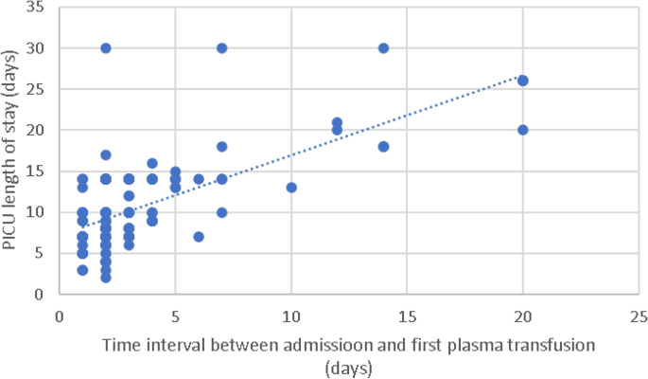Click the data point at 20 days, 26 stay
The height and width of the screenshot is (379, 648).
click(x=523, y=81)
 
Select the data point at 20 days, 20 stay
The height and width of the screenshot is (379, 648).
click(x=523, y=130)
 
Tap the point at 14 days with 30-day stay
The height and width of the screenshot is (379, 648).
click(x=384, y=47)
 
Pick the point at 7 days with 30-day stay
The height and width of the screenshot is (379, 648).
click(x=221, y=47)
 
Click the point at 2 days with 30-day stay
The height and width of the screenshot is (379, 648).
click(x=106, y=47)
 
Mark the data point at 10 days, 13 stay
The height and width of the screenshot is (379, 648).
click(x=291, y=187)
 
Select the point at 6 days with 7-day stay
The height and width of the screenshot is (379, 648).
click(x=199, y=236)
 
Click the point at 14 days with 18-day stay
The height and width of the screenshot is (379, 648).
click(x=384, y=146)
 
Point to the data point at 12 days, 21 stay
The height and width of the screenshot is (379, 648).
click(x=338, y=122)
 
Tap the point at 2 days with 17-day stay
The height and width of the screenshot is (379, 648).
click(x=106, y=154)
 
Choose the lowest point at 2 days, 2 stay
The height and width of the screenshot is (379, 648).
click(x=106, y=277)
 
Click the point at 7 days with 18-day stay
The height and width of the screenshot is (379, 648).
click(x=221, y=146)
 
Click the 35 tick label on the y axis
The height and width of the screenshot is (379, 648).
click(x=36, y=8)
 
